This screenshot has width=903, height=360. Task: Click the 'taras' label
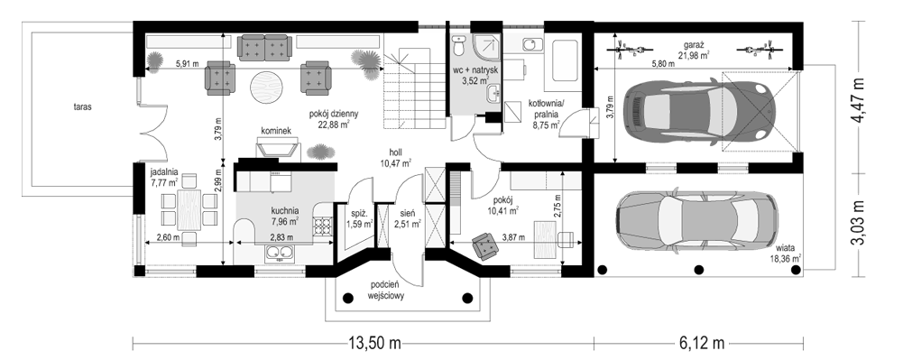tap(83, 106)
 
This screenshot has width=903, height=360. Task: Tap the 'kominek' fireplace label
tap(276, 132)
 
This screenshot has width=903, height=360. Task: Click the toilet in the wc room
tap(459, 44)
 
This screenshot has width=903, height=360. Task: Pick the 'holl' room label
tap(395, 152)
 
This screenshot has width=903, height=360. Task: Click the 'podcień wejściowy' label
tap(386, 291)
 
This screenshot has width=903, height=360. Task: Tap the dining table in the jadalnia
tap(189, 209)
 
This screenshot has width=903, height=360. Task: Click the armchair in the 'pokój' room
tap(486, 245)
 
